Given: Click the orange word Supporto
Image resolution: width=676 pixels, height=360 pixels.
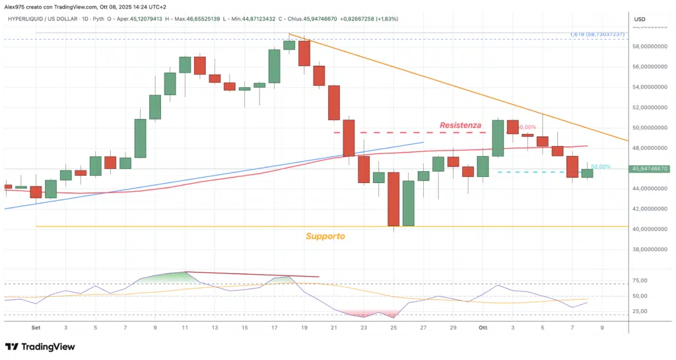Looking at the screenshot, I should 325,236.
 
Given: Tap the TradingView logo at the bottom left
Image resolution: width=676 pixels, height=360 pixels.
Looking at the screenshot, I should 40,347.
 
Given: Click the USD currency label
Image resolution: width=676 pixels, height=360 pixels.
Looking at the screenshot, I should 639,20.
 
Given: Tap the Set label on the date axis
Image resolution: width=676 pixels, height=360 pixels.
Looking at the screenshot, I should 36,327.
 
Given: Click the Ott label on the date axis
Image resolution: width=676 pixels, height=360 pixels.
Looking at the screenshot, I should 483,327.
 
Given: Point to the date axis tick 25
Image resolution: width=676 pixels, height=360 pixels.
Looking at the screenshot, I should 393,327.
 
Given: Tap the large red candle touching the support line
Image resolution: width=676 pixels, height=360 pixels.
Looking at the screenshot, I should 393,199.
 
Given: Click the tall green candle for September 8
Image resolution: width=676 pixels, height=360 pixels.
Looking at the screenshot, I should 140,138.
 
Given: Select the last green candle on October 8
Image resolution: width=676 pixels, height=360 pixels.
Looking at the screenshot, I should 587,173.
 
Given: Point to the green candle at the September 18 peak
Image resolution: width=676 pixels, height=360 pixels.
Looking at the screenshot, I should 289,45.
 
